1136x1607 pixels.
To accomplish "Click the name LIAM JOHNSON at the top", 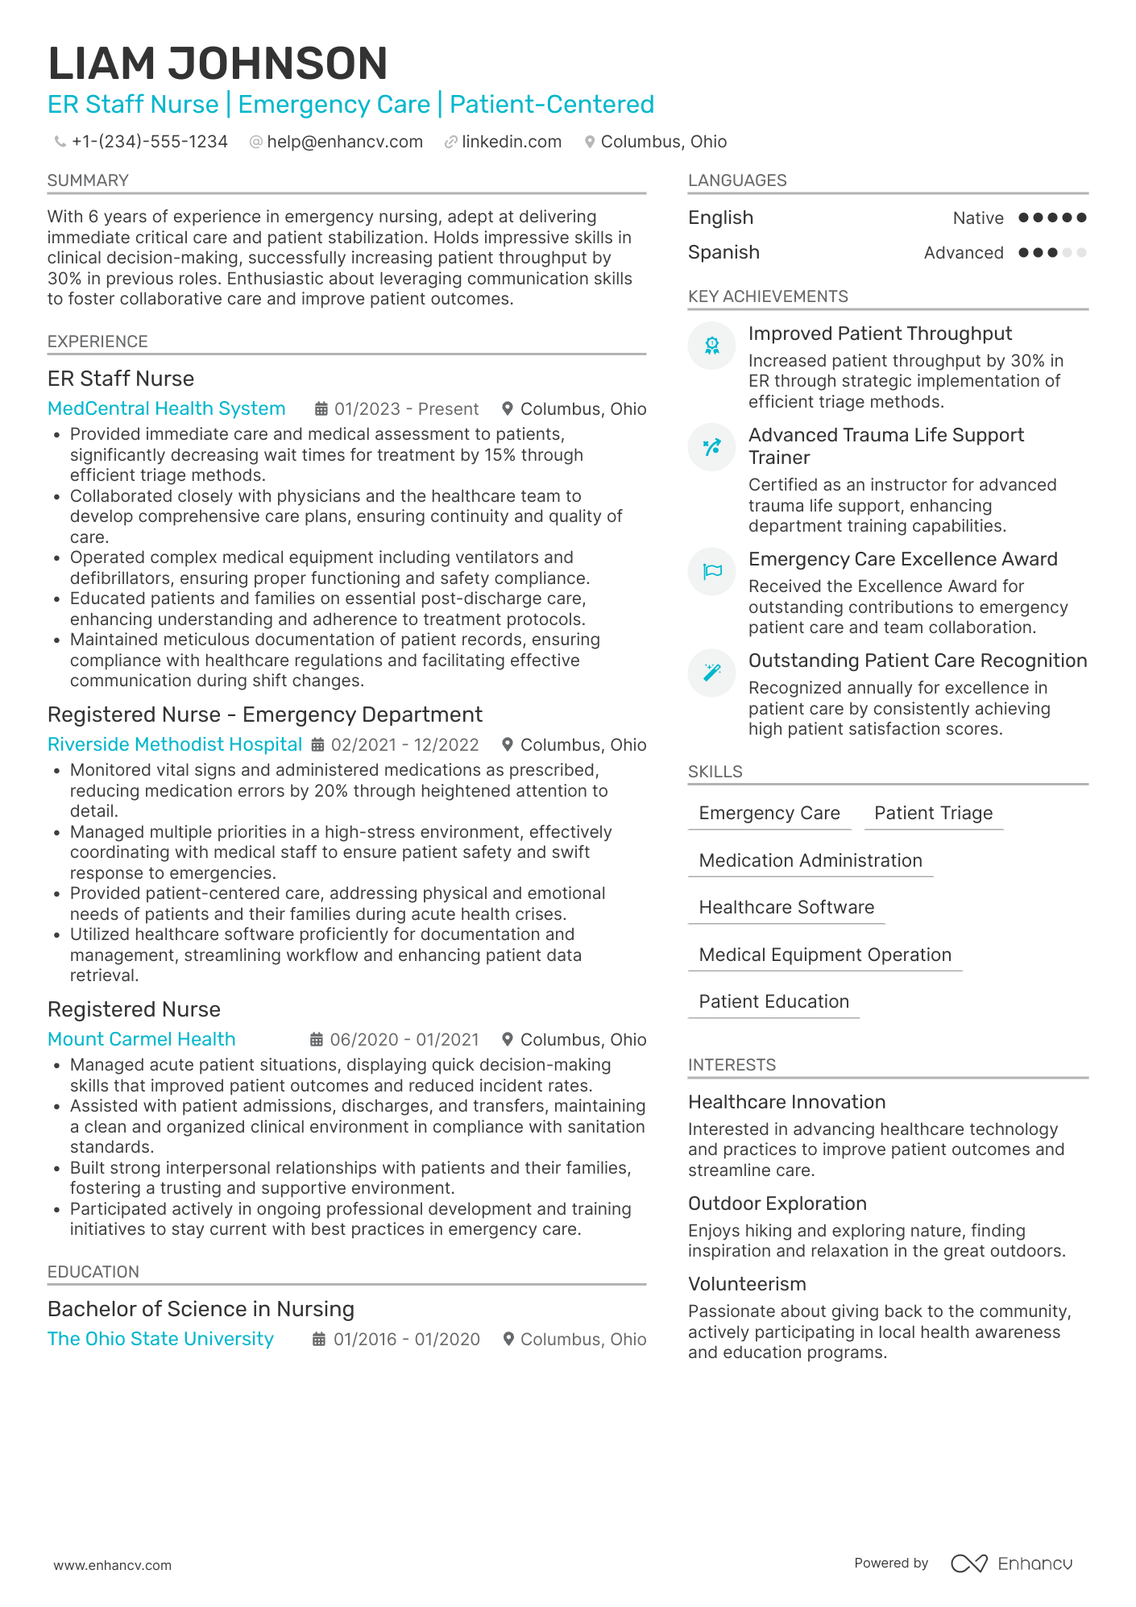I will coord(218,64).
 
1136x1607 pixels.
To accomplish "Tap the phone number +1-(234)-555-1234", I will coord(150,142).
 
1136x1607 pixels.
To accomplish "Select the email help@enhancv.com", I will coord(345,142).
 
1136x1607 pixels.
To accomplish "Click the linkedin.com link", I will coord(512,142).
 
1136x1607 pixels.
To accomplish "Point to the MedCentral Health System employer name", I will coord(167,408).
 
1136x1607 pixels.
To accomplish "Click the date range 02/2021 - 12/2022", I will coord(404,745).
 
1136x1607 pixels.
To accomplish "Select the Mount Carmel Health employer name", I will coord(142,1039).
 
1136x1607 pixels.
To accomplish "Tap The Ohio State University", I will coord(160,1339).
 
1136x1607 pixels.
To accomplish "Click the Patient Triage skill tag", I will coord(933,814).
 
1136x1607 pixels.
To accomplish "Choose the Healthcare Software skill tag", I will coord(786,908).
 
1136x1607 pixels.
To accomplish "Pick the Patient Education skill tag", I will coord(773,1002).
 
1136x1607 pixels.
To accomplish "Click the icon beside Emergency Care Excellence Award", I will coord(712,572).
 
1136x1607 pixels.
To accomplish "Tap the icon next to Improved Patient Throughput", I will coord(712,346).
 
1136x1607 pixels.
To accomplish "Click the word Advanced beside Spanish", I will coord(964,253).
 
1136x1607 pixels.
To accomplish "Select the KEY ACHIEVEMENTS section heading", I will coord(768,296).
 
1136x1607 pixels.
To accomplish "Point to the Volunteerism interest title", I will coord(747,1284).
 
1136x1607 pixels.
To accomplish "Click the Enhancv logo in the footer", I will coord(1012,1564).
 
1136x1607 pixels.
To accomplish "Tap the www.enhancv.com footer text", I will coord(113,1565).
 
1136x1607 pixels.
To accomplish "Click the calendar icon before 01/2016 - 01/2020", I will coord(319,1339).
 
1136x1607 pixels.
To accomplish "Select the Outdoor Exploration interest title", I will coord(777,1203).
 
